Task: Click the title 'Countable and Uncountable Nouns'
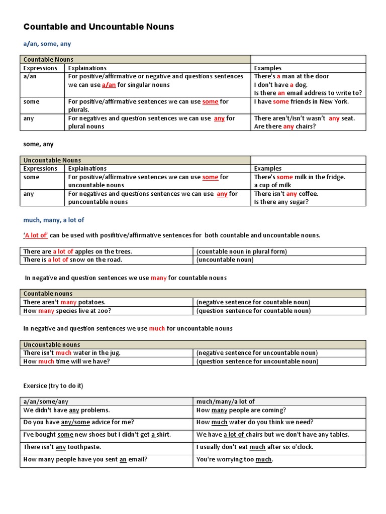click(99, 27)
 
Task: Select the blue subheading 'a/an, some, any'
click(47, 44)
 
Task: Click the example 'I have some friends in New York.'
click(301, 101)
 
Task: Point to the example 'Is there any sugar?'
click(281, 202)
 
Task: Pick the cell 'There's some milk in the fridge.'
click(300, 177)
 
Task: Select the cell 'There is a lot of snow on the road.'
click(73, 260)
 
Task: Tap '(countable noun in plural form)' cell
click(242, 251)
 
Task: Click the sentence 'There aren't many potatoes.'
click(64, 302)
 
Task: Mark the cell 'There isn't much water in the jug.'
click(72, 353)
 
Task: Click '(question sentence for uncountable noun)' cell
click(257, 361)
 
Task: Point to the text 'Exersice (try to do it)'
click(53, 385)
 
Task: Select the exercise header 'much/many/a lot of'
click(226, 401)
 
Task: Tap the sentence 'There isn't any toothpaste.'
click(62, 447)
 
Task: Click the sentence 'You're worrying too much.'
click(235, 459)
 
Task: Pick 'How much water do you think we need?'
click(255, 422)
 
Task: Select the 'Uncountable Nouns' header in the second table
click(52, 160)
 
